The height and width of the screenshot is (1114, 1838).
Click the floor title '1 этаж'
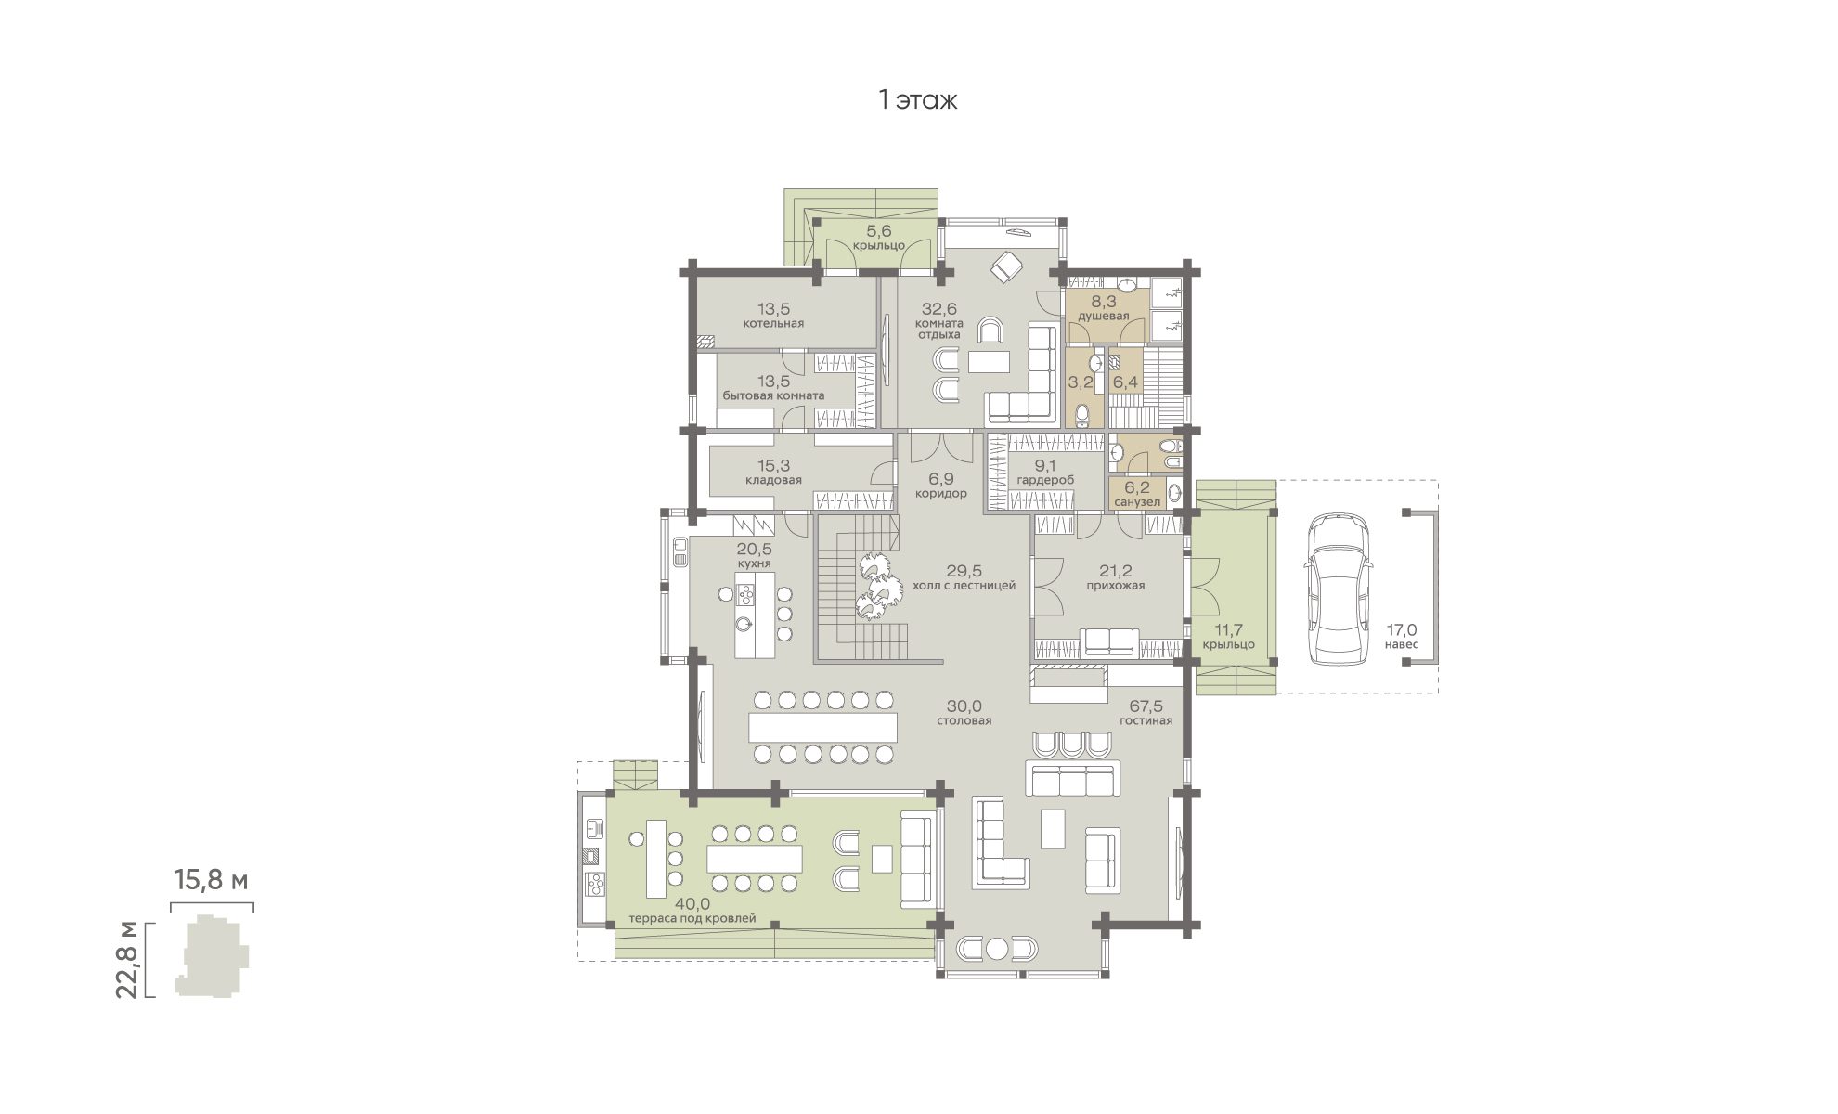click(x=917, y=100)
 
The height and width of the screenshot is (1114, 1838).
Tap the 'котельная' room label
click(x=773, y=324)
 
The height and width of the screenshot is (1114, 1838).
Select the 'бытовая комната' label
click(x=773, y=395)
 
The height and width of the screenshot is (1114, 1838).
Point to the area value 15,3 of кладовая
click(x=773, y=466)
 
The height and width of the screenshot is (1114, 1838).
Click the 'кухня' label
click(x=755, y=563)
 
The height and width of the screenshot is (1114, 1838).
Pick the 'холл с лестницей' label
click(x=964, y=586)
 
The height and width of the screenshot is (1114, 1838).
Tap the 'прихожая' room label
click(x=1116, y=586)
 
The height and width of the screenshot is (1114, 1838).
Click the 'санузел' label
click(x=1137, y=502)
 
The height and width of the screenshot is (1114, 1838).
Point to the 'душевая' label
click(x=1104, y=316)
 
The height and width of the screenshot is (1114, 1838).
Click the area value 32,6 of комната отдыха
click(x=939, y=308)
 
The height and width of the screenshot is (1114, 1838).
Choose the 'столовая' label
click(x=964, y=720)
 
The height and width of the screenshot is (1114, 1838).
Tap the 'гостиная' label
click(x=1145, y=720)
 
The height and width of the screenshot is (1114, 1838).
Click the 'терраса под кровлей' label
click(x=692, y=918)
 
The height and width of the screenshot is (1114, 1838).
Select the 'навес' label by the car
click(x=1401, y=644)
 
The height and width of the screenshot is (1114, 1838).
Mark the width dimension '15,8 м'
click(x=212, y=880)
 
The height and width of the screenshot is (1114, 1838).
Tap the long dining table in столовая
click(x=823, y=726)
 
